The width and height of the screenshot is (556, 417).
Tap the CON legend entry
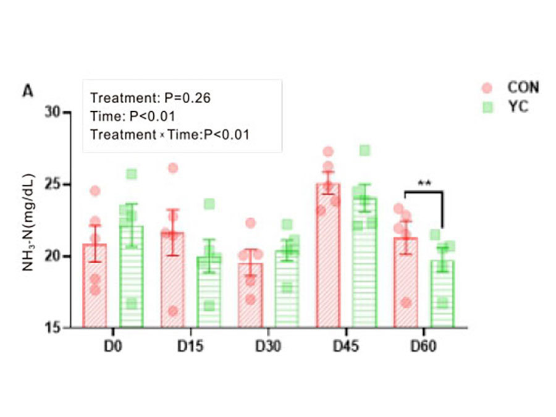[x=523, y=87]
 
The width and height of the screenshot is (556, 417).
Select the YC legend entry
[x=519, y=106]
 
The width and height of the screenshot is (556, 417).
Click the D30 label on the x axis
[x=269, y=346]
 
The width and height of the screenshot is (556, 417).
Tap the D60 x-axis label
[x=424, y=346]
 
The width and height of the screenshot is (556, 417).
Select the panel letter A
[x=27, y=91]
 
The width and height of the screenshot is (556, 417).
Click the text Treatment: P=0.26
[x=152, y=98]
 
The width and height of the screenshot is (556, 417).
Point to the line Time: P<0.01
[x=133, y=116]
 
